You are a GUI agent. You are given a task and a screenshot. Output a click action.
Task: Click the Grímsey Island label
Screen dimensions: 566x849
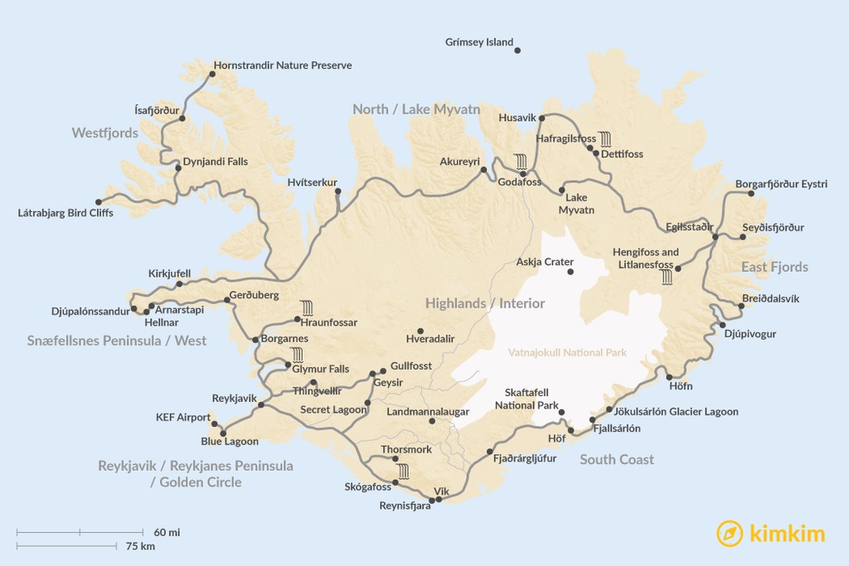pyautogui.click(x=479, y=42)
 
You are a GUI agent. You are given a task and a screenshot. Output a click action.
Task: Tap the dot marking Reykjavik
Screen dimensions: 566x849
pyautogui.click(x=261, y=405)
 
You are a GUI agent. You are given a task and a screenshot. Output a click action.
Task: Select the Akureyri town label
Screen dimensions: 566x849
pyautogui.click(x=459, y=162)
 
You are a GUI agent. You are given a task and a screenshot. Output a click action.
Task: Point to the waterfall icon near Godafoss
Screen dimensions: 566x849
pyautogui.click(x=521, y=161)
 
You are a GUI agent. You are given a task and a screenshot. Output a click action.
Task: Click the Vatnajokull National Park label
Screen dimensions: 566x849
pyautogui.click(x=567, y=353)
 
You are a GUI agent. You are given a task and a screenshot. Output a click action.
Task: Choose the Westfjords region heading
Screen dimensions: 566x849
pyautogui.click(x=105, y=133)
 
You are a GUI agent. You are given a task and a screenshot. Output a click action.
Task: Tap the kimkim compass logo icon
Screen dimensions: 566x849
pyautogui.click(x=729, y=533)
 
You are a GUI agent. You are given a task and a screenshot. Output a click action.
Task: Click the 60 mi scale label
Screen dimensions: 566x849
pyautogui.click(x=167, y=531)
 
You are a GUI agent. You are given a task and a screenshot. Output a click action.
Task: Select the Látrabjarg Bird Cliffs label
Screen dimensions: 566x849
pyautogui.click(x=65, y=213)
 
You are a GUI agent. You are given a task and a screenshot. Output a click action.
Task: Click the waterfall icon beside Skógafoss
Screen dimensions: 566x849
pyautogui.click(x=403, y=472)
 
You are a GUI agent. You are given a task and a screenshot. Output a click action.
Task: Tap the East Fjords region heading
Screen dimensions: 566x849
pyautogui.click(x=774, y=267)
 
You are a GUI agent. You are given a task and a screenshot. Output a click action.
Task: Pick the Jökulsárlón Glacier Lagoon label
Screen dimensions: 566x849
pyautogui.click(x=677, y=411)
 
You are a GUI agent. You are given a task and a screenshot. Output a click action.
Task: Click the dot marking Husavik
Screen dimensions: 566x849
pyautogui.click(x=542, y=119)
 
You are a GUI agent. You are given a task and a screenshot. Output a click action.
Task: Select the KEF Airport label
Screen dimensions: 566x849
pyautogui.click(x=183, y=418)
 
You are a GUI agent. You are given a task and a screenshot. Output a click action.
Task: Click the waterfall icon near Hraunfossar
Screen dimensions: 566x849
pyautogui.click(x=306, y=307)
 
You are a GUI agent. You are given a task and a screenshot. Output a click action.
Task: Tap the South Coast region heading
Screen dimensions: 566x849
pyautogui.click(x=617, y=459)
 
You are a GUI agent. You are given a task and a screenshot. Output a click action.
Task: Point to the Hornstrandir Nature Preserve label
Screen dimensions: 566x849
pyautogui.click(x=283, y=65)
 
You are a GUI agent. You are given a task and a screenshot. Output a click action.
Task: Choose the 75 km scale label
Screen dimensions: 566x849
pyautogui.click(x=141, y=546)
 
